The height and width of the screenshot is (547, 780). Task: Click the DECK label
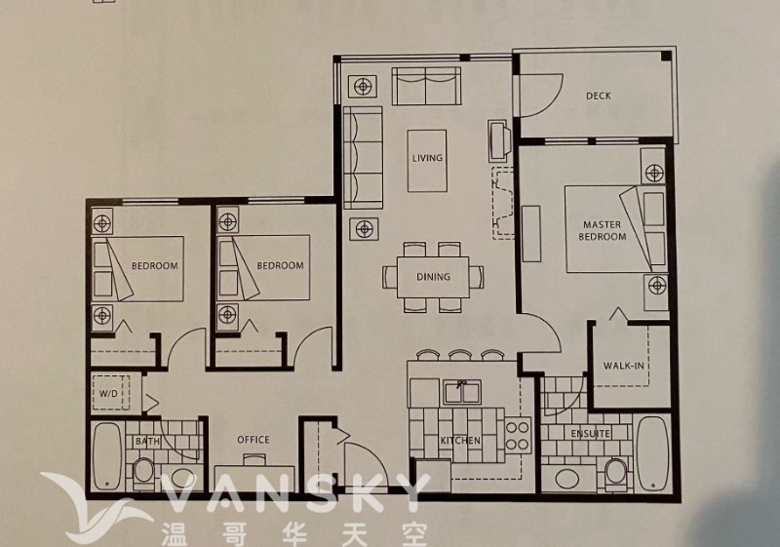(598, 96)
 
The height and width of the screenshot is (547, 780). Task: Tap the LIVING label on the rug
(427, 158)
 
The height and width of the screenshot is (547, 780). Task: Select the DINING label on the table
(433, 277)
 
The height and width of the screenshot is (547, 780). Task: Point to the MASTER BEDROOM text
(602, 231)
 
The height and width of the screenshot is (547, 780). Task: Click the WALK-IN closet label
(624, 366)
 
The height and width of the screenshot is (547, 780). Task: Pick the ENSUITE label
(591, 434)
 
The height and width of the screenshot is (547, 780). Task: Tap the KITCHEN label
(460, 441)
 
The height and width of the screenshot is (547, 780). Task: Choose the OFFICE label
(253, 440)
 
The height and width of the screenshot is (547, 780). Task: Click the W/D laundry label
(108, 394)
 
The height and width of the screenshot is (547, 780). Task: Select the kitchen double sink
(462, 393)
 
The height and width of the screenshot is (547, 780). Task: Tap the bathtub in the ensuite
(652, 453)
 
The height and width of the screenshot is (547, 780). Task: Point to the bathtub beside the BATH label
(106, 455)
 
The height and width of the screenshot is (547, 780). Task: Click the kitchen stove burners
(518, 435)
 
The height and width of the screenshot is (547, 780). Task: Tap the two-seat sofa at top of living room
(426, 86)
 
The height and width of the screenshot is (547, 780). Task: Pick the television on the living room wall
(498, 140)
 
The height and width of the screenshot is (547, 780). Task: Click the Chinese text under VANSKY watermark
(294, 534)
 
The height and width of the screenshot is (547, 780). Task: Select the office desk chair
(253, 459)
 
